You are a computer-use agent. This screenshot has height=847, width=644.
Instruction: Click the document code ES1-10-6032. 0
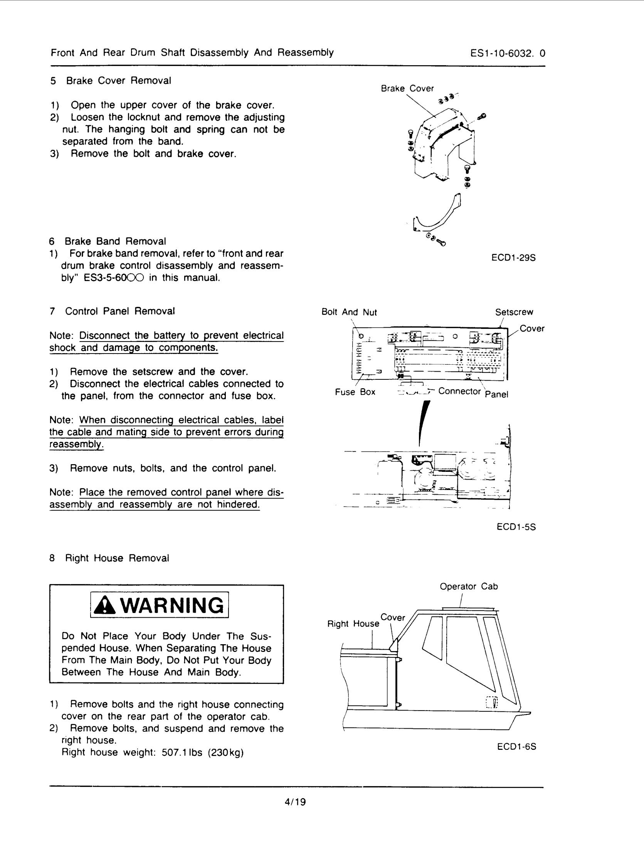coord(508,53)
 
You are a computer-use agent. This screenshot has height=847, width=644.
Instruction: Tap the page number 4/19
coord(295,802)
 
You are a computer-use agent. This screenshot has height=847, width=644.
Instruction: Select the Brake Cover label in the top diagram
coord(407,89)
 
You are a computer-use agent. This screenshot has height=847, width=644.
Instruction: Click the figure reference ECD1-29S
coord(513,258)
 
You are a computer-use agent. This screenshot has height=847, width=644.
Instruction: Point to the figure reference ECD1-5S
coord(516,527)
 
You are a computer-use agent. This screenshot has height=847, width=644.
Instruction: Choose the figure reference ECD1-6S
coord(516,746)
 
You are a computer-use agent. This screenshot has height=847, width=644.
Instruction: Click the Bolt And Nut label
coord(349,312)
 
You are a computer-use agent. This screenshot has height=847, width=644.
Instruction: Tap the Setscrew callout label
coord(514,312)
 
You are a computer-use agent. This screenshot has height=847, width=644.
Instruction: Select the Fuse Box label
coord(355,392)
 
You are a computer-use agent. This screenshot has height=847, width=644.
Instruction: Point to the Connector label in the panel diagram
coord(459,391)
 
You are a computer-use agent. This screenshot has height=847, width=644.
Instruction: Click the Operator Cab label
coord(469,586)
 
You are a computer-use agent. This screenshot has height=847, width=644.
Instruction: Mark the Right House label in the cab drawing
coord(353,624)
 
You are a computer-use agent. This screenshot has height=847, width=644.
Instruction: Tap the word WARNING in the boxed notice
coord(172,606)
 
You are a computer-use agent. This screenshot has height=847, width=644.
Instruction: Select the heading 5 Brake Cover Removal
coord(111,81)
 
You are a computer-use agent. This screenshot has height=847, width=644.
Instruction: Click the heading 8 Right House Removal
coord(109,558)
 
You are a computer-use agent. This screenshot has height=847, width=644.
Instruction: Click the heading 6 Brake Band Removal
coord(108,241)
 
